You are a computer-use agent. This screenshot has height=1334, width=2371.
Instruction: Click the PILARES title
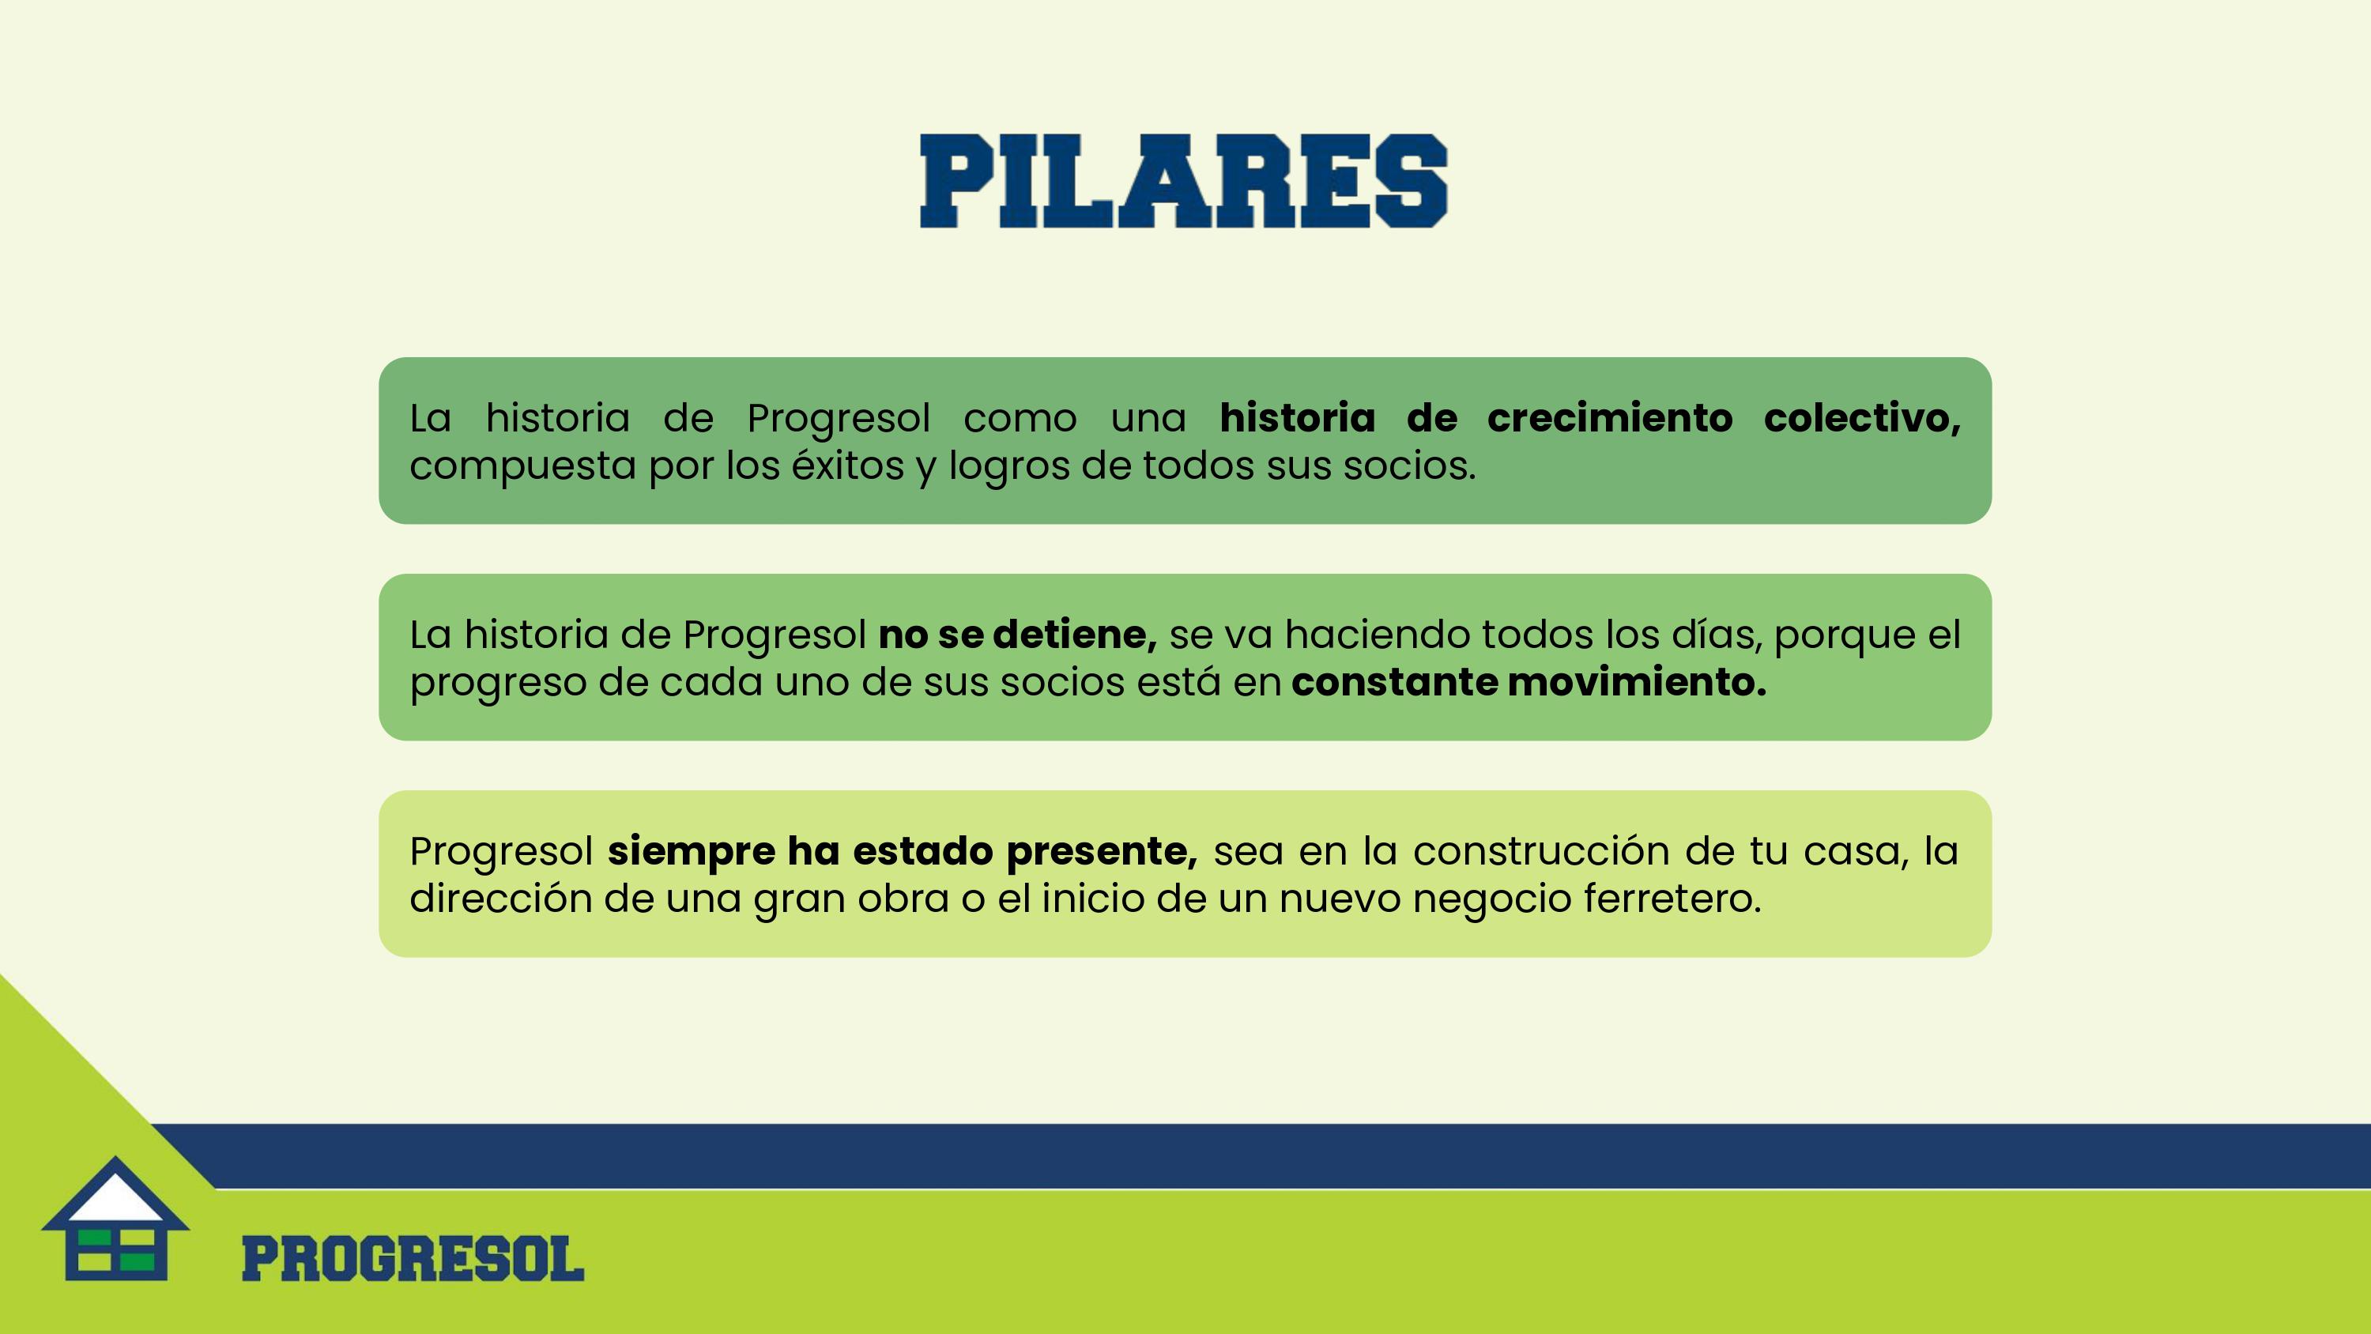click(1184, 180)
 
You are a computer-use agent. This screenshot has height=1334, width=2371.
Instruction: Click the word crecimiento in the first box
click(1610, 418)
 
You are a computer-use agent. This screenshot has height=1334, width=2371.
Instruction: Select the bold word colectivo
click(1862, 419)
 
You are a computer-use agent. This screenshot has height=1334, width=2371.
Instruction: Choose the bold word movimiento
click(1638, 682)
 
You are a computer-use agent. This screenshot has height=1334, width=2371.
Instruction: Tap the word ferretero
click(1672, 899)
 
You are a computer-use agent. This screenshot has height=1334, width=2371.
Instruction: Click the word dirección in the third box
click(501, 899)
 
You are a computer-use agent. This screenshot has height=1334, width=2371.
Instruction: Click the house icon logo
click(116, 1219)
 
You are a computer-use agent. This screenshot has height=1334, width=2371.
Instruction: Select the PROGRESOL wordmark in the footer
click(413, 1260)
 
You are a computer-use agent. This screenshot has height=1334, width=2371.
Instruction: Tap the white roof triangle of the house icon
click(116, 1199)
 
